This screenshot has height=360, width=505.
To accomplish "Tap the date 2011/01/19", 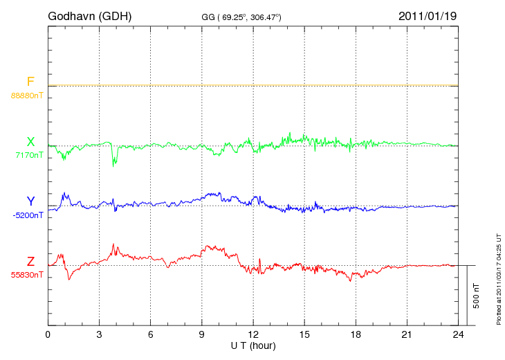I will [x=427, y=15].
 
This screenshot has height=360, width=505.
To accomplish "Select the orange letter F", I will [x=30, y=82].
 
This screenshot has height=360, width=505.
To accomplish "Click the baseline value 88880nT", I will [x=26, y=94].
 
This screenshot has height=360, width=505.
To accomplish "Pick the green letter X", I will [x=30, y=142].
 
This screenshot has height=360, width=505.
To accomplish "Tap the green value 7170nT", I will [x=28, y=155].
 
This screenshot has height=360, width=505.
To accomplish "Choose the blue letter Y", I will [x=30, y=201].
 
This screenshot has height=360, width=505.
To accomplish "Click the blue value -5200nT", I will [x=28, y=215].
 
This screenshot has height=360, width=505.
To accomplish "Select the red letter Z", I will [x=30, y=262].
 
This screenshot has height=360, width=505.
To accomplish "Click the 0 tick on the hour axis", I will [x=48, y=334].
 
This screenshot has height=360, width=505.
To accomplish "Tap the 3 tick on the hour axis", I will [x=99, y=334].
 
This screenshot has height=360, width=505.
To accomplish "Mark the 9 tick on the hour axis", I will [x=202, y=334].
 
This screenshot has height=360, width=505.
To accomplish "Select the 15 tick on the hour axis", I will [x=304, y=334].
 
